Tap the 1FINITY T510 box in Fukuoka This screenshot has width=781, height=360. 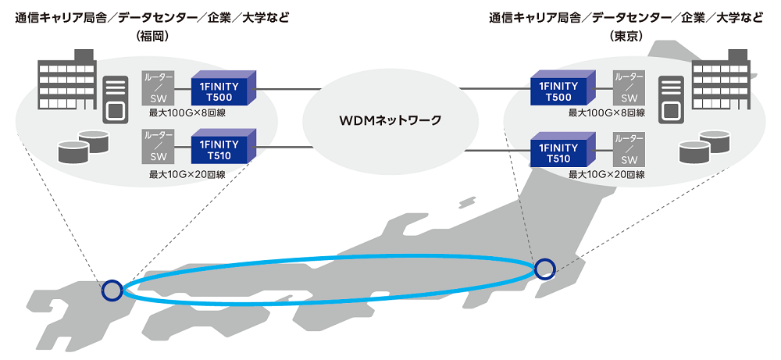coord(223,151)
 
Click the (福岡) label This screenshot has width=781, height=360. coord(152,36)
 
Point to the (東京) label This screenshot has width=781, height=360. coord(627,36)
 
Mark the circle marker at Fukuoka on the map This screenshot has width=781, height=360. coord(112,290)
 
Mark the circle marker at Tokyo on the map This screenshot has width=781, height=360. coord(544,269)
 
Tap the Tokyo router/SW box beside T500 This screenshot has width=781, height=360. coord(629,88)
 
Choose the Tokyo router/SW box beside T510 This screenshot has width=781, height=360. coord(629,149)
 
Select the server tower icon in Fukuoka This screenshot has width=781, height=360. coord(116,98)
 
